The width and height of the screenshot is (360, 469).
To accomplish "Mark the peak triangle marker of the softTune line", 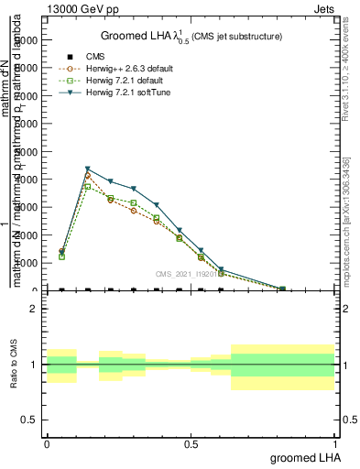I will tap(88, 169).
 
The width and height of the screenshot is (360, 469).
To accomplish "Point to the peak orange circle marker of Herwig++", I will tap(88, 176).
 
